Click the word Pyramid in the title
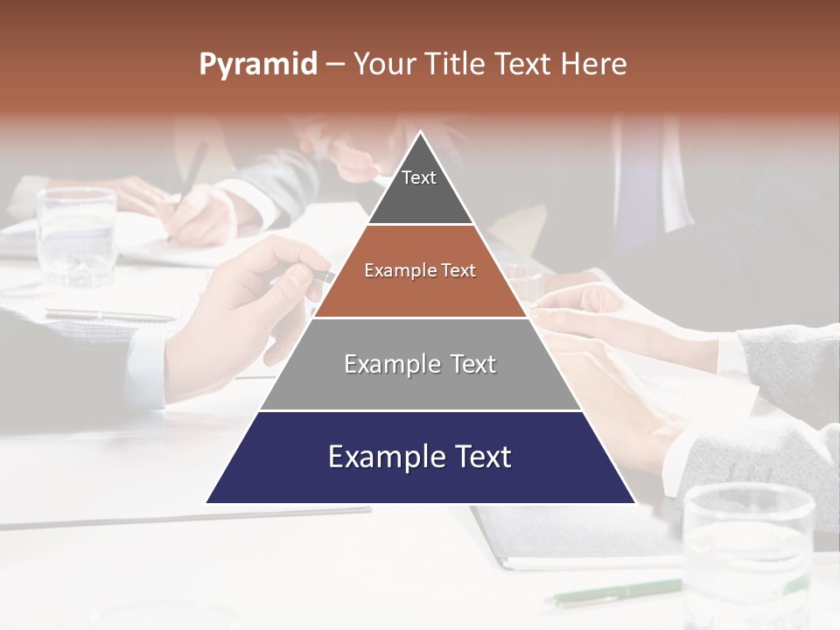(x=258, y=64)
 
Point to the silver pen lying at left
(x=109, y=314)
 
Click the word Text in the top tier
(x=419, y=178)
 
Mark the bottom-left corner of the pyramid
(x=206, y=502)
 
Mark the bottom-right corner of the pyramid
(x=634, y=502)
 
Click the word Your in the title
(x=385, y=64)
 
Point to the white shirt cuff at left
(x=145, y=367)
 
